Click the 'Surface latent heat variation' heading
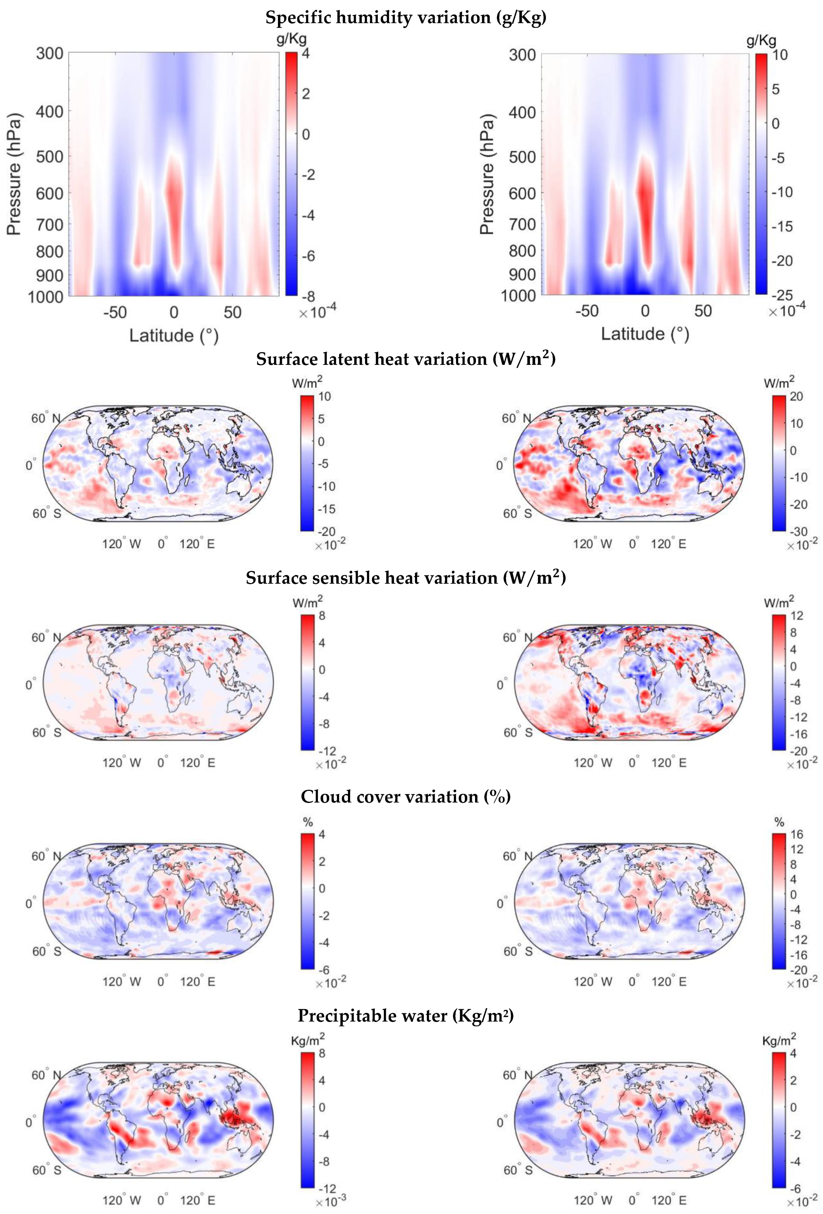[405, 360]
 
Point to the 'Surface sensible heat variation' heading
[405, 578]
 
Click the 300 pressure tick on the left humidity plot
[50, 53]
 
